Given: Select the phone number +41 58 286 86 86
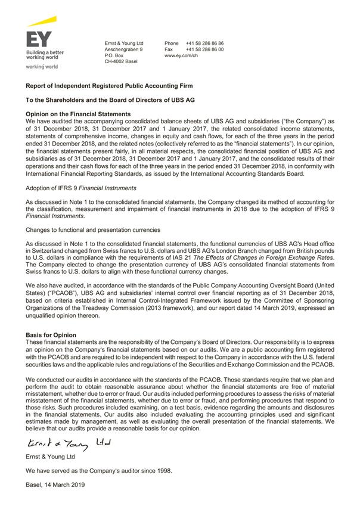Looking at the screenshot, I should pos(204,44).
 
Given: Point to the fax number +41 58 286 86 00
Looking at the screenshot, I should pos(204,49).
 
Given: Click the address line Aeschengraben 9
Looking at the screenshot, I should pos(123,49).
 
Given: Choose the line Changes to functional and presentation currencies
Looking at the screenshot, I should pos(92,229).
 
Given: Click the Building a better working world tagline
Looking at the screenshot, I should pos(45,55).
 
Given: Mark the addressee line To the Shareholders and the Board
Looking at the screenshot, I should pos(110,100).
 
